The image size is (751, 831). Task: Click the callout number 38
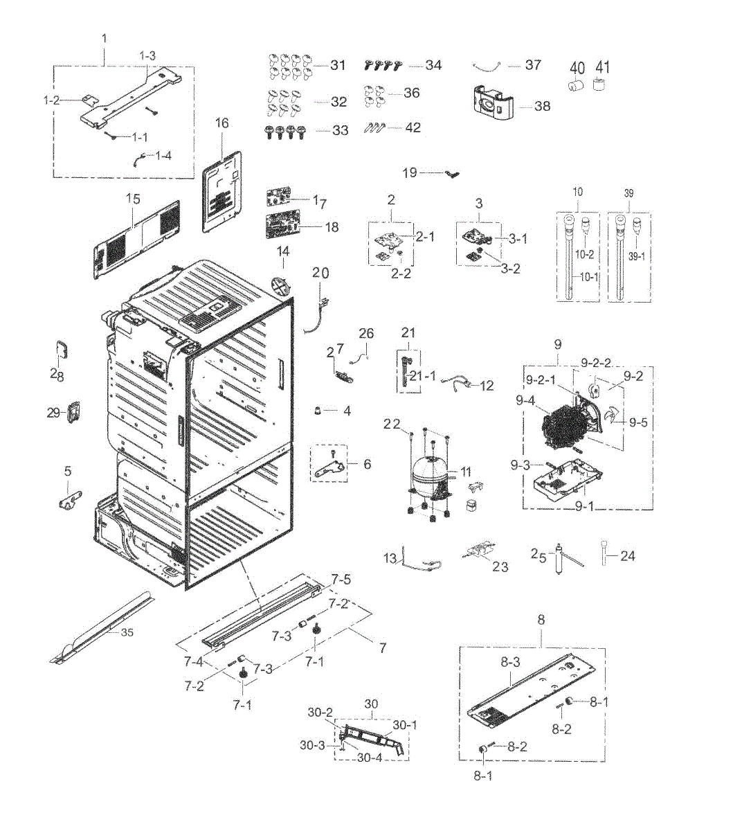tap(543, 106)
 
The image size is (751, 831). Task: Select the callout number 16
tap(221, 123)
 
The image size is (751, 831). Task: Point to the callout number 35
tap(127, 632)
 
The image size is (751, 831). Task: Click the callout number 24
tap(627, 555)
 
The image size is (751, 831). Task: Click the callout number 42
tap(413, 127)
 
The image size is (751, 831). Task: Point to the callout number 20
tap(320, 273)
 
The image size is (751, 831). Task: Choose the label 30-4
tap(370, 758)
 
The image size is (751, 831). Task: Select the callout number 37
tap(532, 64)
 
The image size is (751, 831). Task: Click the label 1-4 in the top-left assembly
tap(163, 155)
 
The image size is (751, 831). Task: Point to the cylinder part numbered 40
tap(574, 87)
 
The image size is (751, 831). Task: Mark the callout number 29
tap(54, 413)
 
